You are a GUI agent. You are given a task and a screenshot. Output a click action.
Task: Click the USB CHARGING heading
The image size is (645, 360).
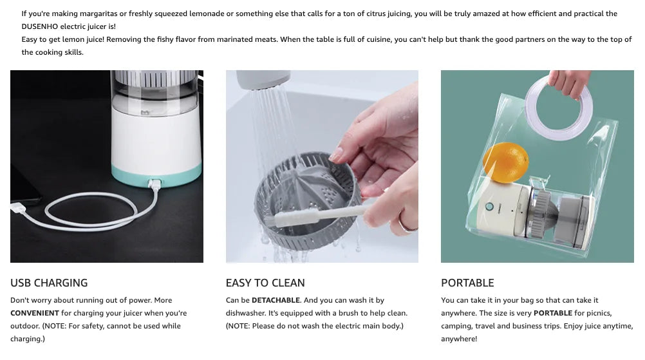[x=49, y=283]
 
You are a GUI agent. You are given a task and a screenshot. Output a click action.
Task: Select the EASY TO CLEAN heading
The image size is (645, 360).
[x=265, y=283]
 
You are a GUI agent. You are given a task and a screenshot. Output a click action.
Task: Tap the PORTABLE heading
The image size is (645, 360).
[x=467, y=283]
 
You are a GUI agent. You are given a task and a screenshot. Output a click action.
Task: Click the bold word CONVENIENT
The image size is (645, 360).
[x=35, y=313]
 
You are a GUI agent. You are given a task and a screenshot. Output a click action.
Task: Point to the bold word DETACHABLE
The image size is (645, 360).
[x=276, y=300]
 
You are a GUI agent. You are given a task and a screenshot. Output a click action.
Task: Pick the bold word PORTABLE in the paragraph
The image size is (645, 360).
[x=552, y=313]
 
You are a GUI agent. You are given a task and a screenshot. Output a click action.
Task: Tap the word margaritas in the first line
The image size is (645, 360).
[x=98, y=14]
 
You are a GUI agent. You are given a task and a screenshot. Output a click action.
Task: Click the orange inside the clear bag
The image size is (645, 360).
[x=505, y=162]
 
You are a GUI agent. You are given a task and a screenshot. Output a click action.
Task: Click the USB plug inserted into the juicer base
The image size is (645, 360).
[x=154, y=184]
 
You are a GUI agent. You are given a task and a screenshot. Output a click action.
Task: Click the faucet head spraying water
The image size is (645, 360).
[x=263, y=79]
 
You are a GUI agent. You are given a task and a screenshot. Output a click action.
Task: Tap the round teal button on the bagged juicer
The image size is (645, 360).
[x=489, y=206]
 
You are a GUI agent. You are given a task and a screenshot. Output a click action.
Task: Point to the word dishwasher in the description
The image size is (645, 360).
[x=245, y=313]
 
